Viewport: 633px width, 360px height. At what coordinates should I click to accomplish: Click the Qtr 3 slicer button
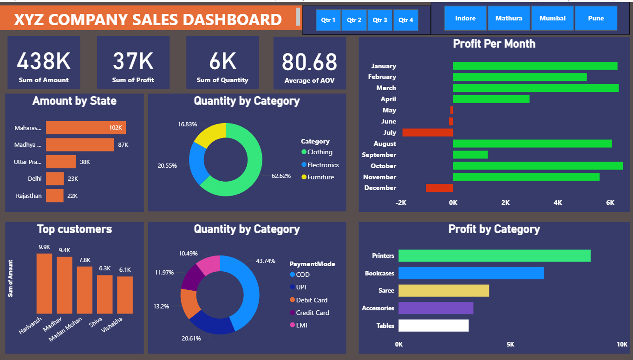coord(380,20)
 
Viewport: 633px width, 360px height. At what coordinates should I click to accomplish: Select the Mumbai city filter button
coord(552,18)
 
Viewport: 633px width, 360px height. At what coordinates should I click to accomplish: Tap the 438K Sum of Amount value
coord(44,61)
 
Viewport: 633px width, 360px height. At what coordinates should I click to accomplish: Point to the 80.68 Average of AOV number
coord(309,62)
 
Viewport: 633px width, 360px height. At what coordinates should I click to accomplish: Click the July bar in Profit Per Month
coord(427,132)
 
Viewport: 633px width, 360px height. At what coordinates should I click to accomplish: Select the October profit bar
coord(537,166)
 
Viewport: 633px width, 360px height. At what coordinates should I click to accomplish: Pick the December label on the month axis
coord(380,188)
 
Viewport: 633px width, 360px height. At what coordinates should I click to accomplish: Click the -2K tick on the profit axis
coord(401,203)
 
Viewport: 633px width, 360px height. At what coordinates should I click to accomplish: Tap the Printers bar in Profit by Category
coord(494,255)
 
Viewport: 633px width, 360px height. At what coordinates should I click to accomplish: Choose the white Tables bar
coord(433,326)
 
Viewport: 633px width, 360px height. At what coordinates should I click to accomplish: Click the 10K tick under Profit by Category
coord(622,344)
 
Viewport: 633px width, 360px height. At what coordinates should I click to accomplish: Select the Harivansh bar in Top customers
coord(44,283)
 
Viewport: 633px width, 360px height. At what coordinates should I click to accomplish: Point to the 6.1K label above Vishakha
coord(125,270)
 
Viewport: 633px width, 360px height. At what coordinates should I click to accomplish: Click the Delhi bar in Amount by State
coord(55,178)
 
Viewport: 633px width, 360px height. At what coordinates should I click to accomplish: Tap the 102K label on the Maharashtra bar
coord(115,128)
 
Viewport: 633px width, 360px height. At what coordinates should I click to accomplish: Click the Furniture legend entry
coord(320,177)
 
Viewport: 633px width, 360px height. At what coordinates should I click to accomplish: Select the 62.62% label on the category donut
coord(281,176)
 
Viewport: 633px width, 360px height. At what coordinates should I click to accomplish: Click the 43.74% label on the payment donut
coord(265,261)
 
